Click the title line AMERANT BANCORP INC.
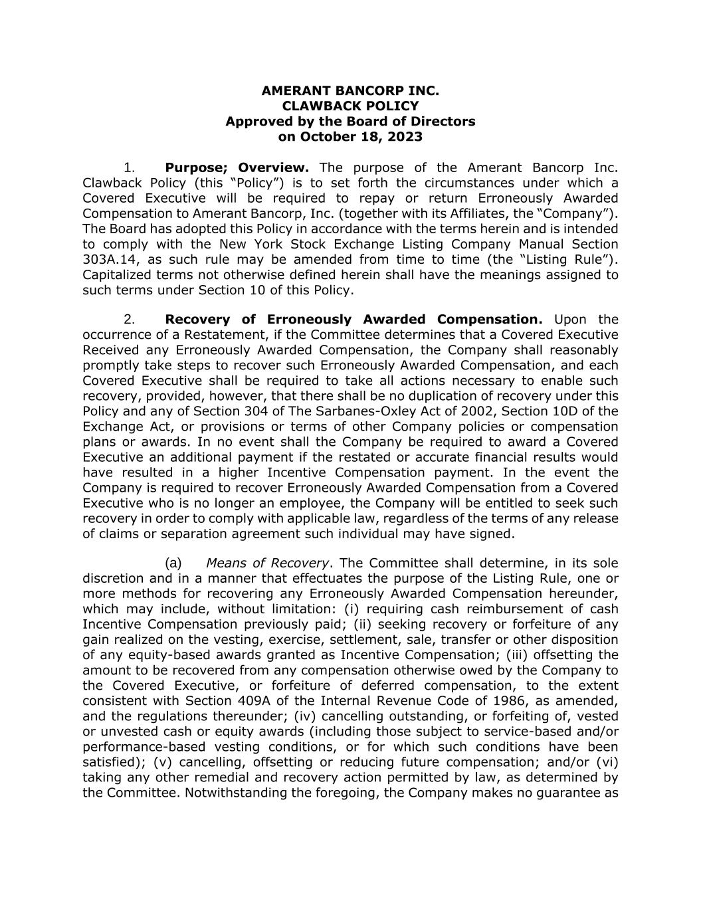click(350, 91)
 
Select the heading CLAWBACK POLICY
click(350, 106)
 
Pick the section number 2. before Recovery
click(130, 320)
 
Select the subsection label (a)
click(173, 563)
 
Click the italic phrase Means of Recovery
click(267, 563)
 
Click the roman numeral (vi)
click(607, 762)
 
